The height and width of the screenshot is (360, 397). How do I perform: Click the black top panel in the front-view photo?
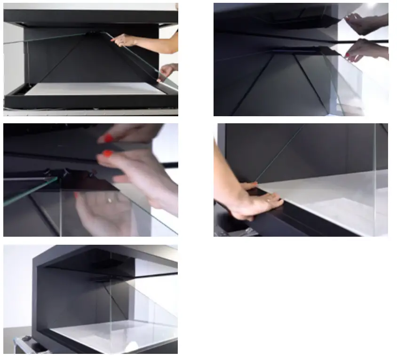89,16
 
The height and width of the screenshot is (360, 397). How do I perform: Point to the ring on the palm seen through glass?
110,200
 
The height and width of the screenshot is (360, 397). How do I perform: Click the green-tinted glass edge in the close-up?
28,193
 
